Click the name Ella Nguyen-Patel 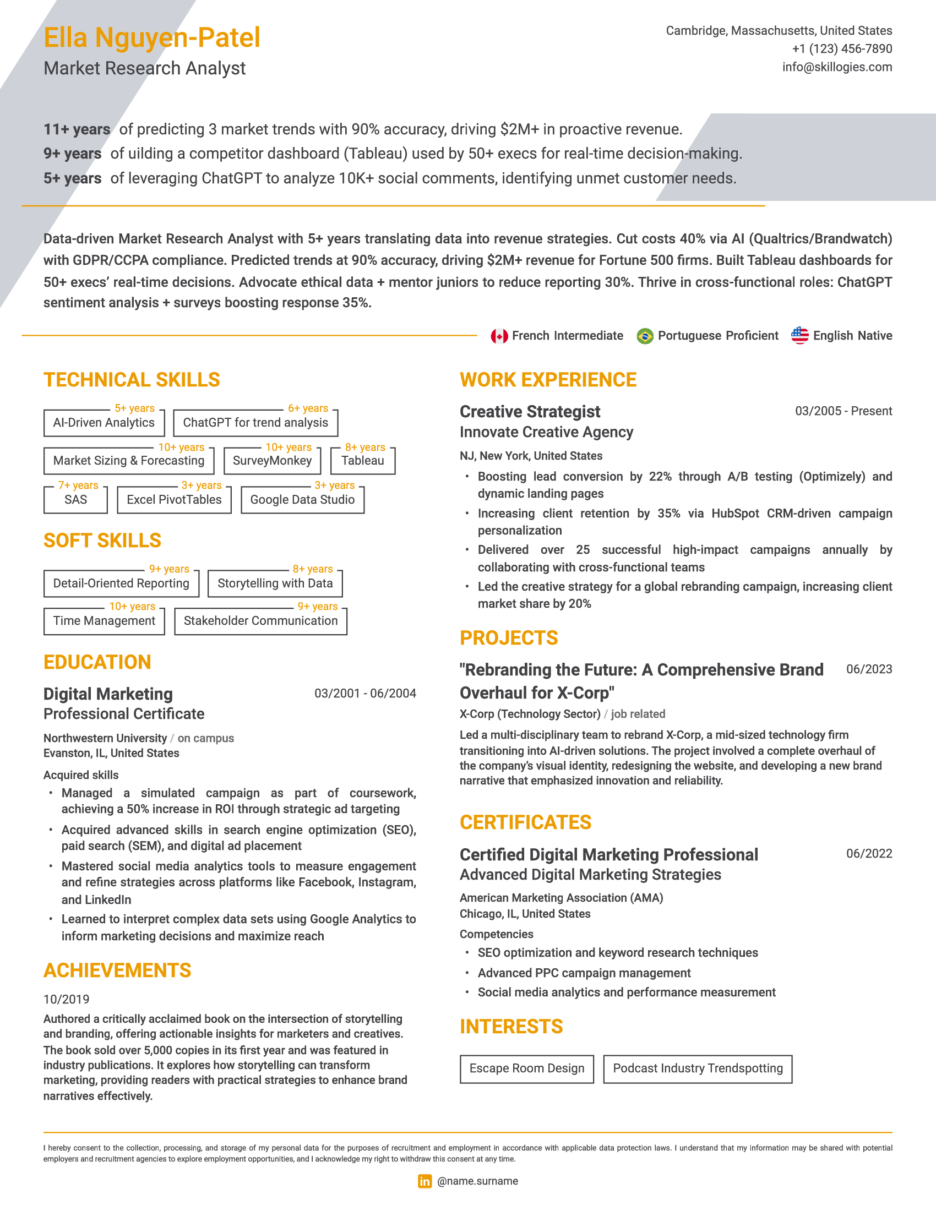[x=151, y=37]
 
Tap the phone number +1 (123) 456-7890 [x=842, y=49]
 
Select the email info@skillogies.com [x=837, y=67]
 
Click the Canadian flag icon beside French [x=499, y=336]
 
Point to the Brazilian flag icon [x=644, y=336]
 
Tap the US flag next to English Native [x=799, y=335]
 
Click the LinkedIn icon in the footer [x=425, y=1181]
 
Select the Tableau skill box [x=363, y=461]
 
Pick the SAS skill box [x=75, y=500]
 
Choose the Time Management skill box [x=104, y=621]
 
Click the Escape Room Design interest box [x=526, y=1068]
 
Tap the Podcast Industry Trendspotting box [x=697, y=1068]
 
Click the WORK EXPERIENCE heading [x=548, y=380]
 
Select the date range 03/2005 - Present [x=843, y=411]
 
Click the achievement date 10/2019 [x=67, y=999]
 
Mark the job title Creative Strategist [x=530, y=411]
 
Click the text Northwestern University [x=105, y=738]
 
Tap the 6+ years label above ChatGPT [x=308, y=408]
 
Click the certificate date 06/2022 [x=868, y=853]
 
